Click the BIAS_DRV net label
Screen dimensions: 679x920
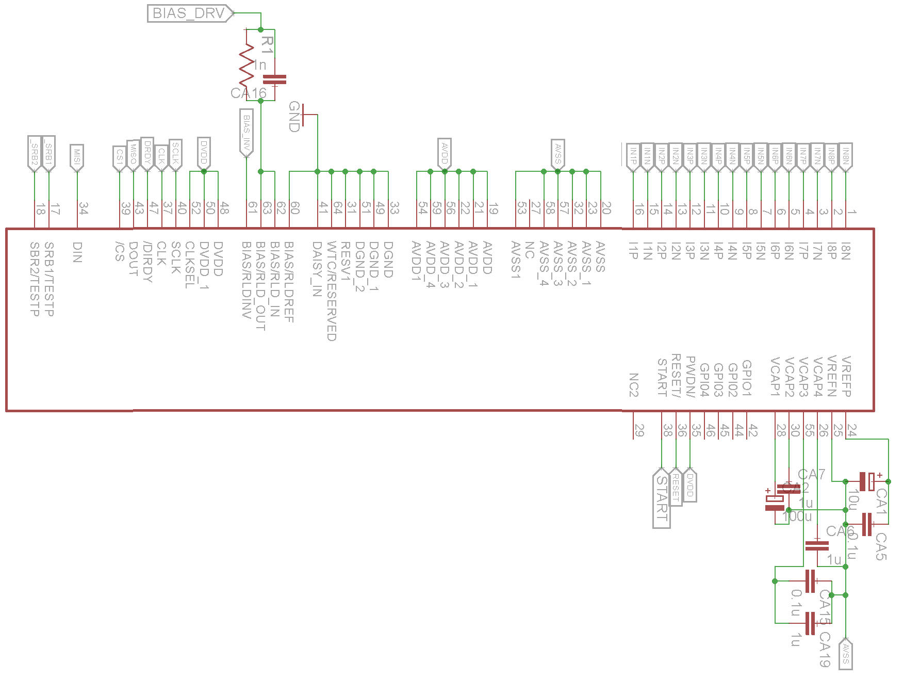tap(189, 13)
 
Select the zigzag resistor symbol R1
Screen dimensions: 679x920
tap(247, 64)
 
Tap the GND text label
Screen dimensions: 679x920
tap(294, 117)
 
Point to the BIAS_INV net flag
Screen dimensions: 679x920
tap(247, 132)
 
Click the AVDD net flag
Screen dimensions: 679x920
tap(445, 153)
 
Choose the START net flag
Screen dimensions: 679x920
tap(662, 498)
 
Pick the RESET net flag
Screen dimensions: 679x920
tap(676, 488)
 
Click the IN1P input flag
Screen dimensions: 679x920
tap(633, 155)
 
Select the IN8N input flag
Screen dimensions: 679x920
tap(846, 155)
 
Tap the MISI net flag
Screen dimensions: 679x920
tap(77, 156)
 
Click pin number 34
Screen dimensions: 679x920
tap(84, 208)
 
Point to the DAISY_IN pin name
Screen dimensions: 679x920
tap(317, 269)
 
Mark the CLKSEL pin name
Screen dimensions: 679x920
tap(190, 265)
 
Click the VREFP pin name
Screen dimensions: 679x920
tap(846, 376)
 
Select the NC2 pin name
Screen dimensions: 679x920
tap(634, 385)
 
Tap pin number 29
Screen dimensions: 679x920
tap(639, 430)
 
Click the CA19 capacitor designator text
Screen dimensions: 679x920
tap(825, 649)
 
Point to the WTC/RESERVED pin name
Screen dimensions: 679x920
tap(332, 291)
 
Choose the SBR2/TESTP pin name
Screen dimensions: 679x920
tap(35, 279)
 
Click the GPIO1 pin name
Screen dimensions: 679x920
tap(746, 378)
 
